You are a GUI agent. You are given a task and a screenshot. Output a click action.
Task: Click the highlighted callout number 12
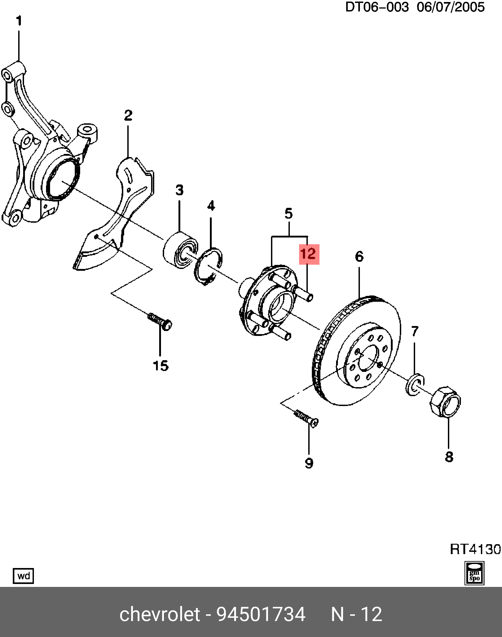309,254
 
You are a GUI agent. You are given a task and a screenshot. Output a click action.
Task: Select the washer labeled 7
415,385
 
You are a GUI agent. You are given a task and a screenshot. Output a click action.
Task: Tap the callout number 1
19,21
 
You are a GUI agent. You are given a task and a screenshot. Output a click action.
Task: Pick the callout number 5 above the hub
289,213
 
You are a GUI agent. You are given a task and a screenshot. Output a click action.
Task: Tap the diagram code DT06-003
376,7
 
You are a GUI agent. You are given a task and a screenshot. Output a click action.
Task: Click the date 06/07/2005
451,7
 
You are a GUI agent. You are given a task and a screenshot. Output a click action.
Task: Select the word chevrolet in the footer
160,615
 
